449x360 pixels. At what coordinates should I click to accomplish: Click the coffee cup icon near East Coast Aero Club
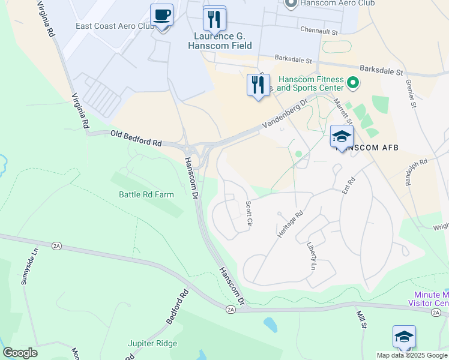click(x=161, y=15)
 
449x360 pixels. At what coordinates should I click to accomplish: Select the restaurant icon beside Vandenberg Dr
click(x=258, y=85)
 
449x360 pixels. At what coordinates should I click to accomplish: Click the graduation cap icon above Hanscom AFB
click(x=342, y=137)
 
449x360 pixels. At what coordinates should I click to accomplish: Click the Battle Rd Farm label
click(x=146, y=194)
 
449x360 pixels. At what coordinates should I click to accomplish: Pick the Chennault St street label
click(x=319, y=29)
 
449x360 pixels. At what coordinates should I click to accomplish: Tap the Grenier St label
click(x=412, y=93)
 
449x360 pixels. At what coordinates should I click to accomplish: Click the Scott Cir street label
click(x=249, y=214)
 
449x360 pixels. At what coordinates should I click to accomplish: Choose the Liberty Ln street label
click(x=312, y=256)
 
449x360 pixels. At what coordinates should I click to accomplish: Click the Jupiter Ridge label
click(x=152, y=343)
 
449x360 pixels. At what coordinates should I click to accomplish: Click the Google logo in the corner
click(x=20, y=353)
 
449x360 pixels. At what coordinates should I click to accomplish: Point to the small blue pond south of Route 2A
click(x=271, y=325)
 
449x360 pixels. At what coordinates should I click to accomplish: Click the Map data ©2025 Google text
click(x=412, y=355)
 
